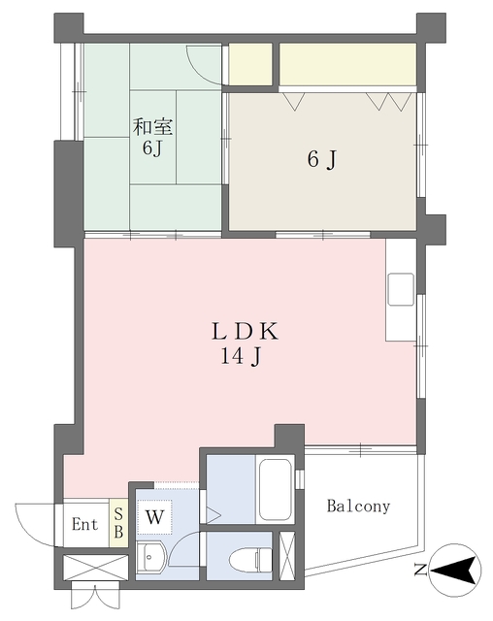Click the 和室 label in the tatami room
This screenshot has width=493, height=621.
point(152,127)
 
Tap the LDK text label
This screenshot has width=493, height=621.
point(245,332)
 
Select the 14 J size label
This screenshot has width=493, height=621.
point(241,357)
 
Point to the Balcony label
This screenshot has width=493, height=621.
point(358,507)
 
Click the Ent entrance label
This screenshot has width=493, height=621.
point(84,524)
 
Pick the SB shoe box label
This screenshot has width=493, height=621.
point(118,523)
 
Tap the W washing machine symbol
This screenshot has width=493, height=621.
point(154,517)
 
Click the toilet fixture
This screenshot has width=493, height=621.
point(250,560)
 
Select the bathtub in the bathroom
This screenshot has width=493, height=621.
point(276,489)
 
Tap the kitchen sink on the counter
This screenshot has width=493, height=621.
point(401,289)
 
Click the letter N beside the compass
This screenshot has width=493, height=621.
point(420,571)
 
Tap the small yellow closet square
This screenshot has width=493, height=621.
point(250,64)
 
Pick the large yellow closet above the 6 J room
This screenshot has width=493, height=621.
point(347,64)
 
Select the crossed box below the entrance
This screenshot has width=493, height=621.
point(95,568)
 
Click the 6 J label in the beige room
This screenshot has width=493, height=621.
point(322,159)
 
